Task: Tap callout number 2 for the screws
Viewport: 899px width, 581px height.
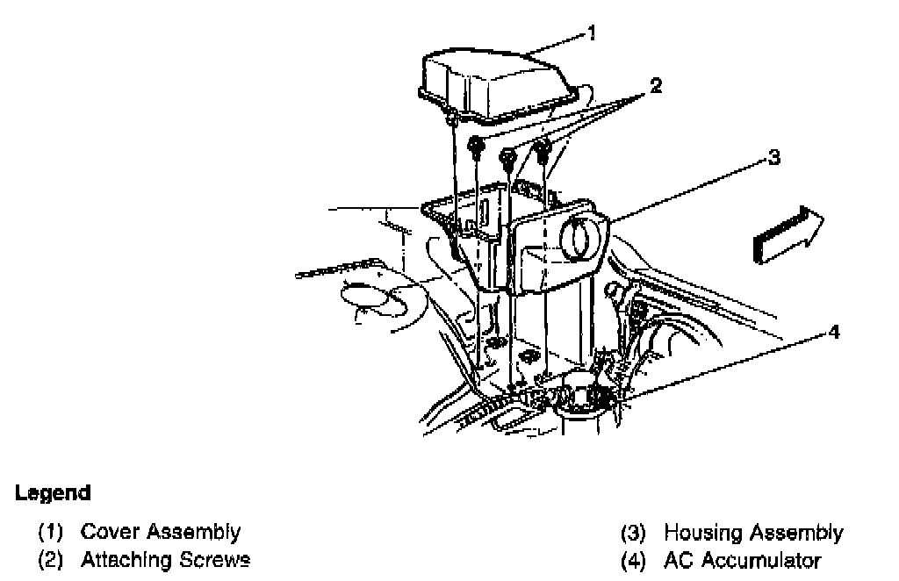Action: pos(656,86)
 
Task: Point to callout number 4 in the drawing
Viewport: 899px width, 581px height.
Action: pos(835,332)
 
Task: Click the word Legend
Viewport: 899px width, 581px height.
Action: pos(53,493)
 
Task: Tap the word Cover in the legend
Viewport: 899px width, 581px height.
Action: pos(111,532)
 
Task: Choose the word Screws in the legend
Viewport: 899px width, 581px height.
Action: pos(216,560)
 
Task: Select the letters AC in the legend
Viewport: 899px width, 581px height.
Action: pos(679,561)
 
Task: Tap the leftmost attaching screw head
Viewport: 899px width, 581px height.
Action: pos(475,146)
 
